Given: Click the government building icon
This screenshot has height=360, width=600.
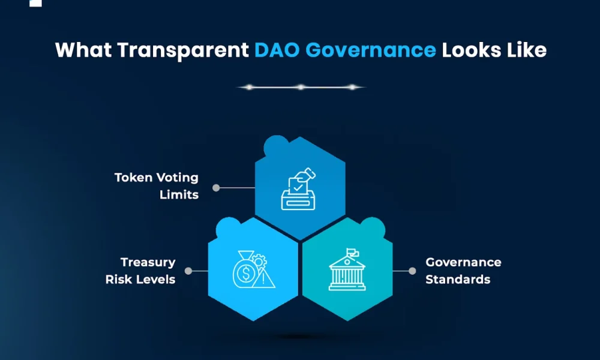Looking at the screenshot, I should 346,270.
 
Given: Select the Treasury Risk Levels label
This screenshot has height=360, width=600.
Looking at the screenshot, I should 140,271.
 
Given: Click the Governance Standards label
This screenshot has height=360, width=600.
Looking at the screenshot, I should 463,271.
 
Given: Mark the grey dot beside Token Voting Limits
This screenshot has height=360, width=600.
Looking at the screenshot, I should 216,187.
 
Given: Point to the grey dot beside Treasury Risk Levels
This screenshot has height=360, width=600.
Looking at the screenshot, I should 188,271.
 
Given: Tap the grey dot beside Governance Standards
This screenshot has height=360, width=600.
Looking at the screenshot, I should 412,271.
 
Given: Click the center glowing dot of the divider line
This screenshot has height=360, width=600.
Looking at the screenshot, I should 301,87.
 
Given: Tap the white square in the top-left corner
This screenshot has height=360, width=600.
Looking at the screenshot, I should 35,2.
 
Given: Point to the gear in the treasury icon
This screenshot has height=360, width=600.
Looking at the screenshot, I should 259,261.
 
